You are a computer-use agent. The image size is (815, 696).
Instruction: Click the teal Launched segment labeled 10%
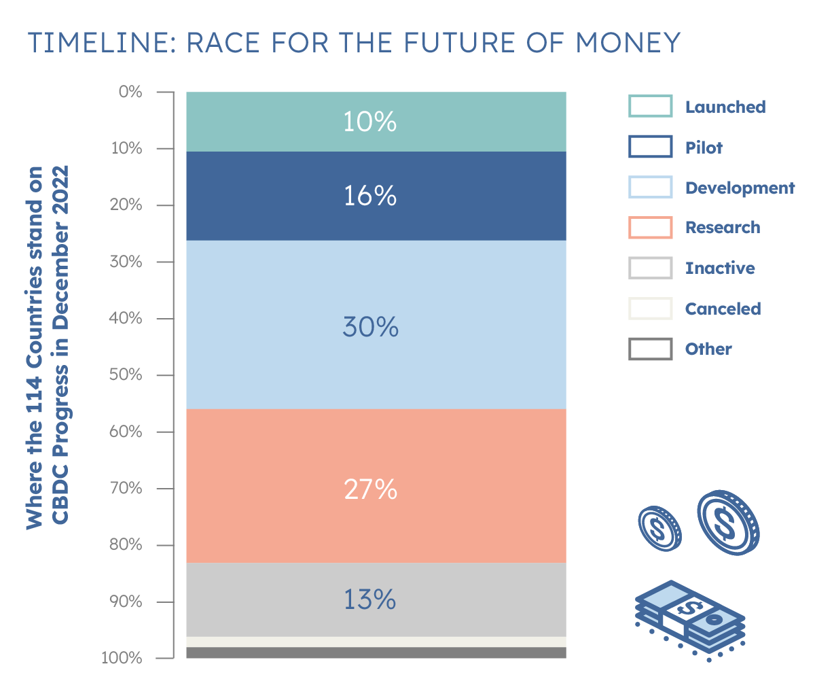click(x=376, y=121)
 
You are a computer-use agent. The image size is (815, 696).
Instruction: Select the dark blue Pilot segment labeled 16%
click(x=376, y=196)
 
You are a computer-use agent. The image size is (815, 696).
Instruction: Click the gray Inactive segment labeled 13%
click(x=376, y=599)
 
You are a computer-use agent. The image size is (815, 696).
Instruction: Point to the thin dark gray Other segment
click(x=376, y=652)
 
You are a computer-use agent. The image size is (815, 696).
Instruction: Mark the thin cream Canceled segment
click(x=376, y=642)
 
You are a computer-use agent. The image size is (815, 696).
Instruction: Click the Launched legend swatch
click(x=650, y=107)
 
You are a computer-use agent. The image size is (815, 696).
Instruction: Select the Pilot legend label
click(x=704, y=147)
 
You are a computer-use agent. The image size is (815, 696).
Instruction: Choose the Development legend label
click(x=740, y=188)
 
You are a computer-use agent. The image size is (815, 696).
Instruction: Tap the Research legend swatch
click(x=650, y=228)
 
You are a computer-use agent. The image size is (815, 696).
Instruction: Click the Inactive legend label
click(x=720, y=268)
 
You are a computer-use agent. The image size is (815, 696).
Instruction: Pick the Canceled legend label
click(x=723, y=309)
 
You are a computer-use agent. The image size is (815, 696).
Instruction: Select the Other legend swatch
click(x=650, y=349)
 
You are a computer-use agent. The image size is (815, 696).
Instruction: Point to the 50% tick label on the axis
click(x=126, y=375)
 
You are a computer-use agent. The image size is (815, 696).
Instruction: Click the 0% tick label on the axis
click(x=130, y=92)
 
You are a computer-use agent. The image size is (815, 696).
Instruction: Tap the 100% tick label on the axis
click(x=122, y=658)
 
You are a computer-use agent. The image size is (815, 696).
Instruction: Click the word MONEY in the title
click(x=628, y=43)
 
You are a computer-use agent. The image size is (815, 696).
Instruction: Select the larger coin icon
click(x=727, y=523)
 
